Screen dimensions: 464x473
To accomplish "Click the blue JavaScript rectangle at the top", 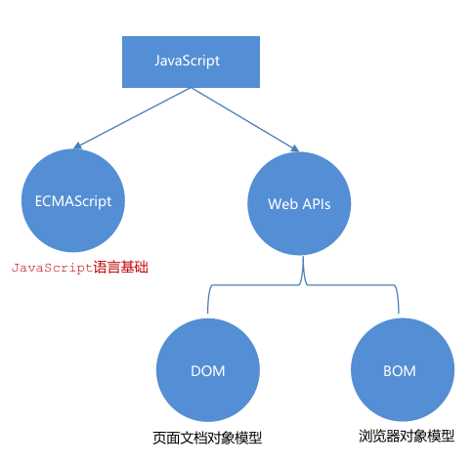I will coord(188,61).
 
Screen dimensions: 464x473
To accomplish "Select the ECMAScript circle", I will coord(66,201).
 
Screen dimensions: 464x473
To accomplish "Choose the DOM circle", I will coord(207,371).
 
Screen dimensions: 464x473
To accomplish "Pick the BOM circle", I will coord(400,371).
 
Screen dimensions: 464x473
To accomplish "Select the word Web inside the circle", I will coord(282,204).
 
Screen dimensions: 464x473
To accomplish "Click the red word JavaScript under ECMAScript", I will coord(52,266).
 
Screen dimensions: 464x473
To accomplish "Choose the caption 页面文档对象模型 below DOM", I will coord(208,437).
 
